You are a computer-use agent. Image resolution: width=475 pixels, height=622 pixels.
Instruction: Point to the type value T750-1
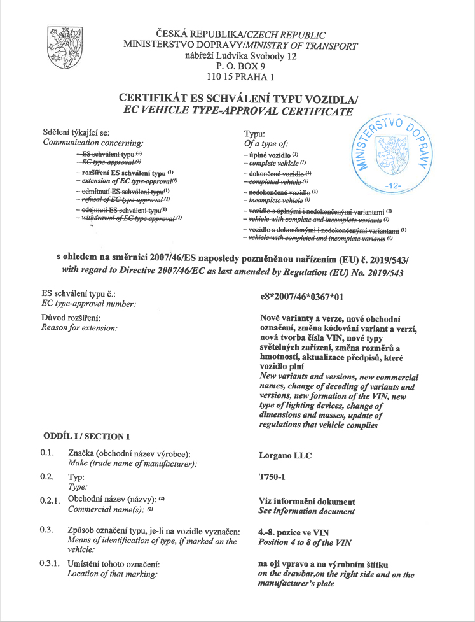click(273, 477)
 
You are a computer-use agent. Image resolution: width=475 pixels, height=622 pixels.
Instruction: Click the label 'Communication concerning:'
click(92, 143)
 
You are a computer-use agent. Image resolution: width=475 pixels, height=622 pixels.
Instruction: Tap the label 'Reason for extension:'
click(79, 327)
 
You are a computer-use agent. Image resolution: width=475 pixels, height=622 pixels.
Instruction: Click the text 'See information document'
click(307, 511)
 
